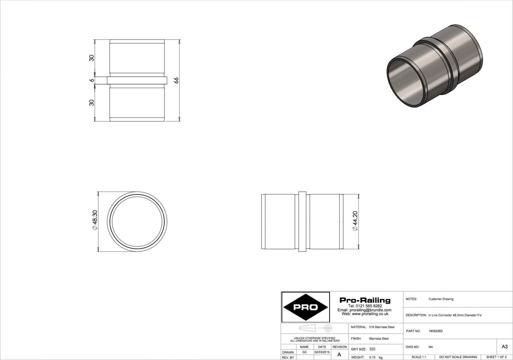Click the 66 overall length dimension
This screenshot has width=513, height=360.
pos(176,81)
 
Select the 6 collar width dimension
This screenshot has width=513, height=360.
pos(92,80)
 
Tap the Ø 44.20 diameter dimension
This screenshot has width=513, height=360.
pos(355,221)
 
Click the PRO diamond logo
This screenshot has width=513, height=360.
pos(306,307)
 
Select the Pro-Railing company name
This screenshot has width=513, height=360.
pos(365,300)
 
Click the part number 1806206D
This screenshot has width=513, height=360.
pos(436,331)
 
